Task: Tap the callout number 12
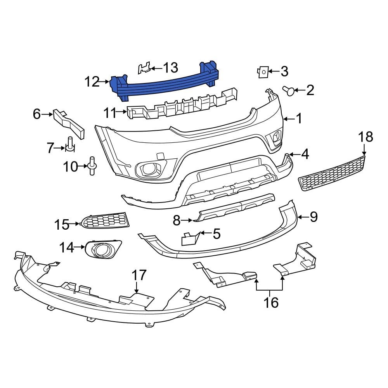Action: [92, 82]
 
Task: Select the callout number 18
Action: [365, 137]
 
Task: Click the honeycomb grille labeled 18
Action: [333, 173]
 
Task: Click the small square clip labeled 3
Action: [262, 71]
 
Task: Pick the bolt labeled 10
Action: [92, 166]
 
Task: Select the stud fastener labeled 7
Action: [70, 144]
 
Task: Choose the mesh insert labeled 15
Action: [105, 221]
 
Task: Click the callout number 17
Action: [139, 275]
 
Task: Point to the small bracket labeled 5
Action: [190, 238]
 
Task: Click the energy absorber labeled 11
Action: [182, 106]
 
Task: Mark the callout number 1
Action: [299, 119]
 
